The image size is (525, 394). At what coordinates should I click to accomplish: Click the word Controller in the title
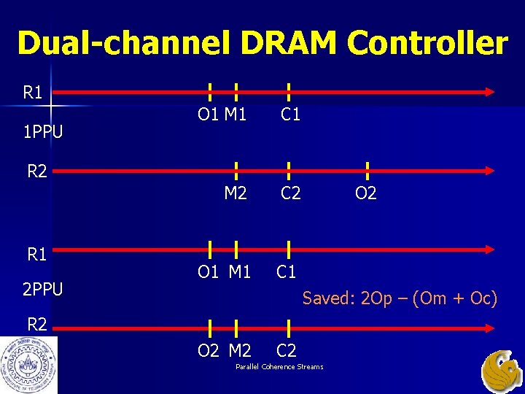click(x=427, y=43)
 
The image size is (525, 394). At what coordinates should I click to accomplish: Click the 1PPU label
click(x=42, y=132)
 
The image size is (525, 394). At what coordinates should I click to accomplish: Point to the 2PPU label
click(x=42, y=290)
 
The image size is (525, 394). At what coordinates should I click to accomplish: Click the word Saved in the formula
click(x=325, y=298)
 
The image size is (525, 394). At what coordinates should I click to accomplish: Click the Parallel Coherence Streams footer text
click(x=279, y=366)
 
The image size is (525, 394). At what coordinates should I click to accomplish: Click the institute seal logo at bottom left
click(x=28, y=365)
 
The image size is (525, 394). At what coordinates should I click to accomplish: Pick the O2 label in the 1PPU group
click(x=365, y=193)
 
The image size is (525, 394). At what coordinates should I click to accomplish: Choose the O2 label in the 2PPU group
click(x=208, y=351)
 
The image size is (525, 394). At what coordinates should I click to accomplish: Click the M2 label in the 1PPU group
click(x=236, y=193)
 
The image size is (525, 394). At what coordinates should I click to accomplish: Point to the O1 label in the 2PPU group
click(x=208, y=272)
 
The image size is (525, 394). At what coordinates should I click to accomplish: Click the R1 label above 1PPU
click(x=33, y=93)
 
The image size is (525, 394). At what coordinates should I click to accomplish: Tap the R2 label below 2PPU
click(x=37, y=323)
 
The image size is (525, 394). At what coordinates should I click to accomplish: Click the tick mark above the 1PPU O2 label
click(x=366, y=171)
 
